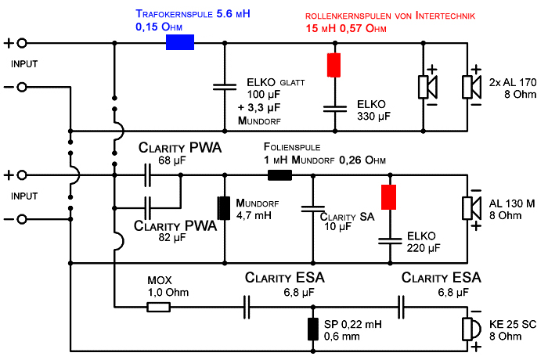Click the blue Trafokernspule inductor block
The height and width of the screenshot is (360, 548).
pyautogui.click(x=179, y=42)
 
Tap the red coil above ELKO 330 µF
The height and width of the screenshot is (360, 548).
pyautogui.click(x=333, y=65)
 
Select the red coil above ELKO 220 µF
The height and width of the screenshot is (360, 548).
pyautogui.click(x=388, y=197)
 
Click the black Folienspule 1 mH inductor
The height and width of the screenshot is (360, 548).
pyautogui.click(x=279, y=175)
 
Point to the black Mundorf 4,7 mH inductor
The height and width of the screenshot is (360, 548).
pyautogui.click(x=224, y=208)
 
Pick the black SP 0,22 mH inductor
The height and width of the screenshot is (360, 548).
pyautogui.click(x=313, y=329)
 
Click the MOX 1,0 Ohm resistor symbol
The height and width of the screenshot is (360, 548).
pyautogui.click(x=158, y=308)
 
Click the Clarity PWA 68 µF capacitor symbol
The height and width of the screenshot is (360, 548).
pyautogui.click(x=148, y=175)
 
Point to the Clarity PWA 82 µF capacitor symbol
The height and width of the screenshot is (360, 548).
pyautogui.click(x=148, y=208)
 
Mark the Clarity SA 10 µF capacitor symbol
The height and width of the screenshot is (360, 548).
pyautogui.click(x=313, y=209)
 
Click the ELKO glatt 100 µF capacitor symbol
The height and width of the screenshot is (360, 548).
pyautogui.click(x=225, y=87)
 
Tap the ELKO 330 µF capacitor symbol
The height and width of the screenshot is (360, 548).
pyautogui.click(x=335, y=109)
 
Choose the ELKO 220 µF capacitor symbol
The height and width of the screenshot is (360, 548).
pyautogui.click(x=390, y=241)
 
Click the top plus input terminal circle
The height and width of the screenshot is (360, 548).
pyautogui.click(x=22, y=43)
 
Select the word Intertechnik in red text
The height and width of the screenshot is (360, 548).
pyautogui.click(x=445, y=16)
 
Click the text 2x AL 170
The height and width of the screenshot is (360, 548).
pyautogui.click(x=512, y=82)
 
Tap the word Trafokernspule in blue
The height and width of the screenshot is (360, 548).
pyautogui.click(x=174, y=14)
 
